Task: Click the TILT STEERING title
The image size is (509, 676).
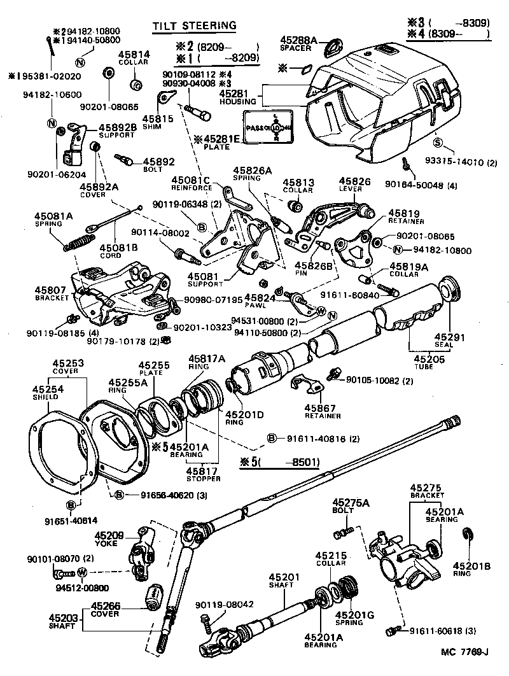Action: (x=194, y=25)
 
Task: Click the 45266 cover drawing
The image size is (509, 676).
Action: (x=155, y=596)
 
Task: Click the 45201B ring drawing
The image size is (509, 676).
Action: (x=467, y=537)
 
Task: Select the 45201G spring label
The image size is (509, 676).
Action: (x=351, y=617)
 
